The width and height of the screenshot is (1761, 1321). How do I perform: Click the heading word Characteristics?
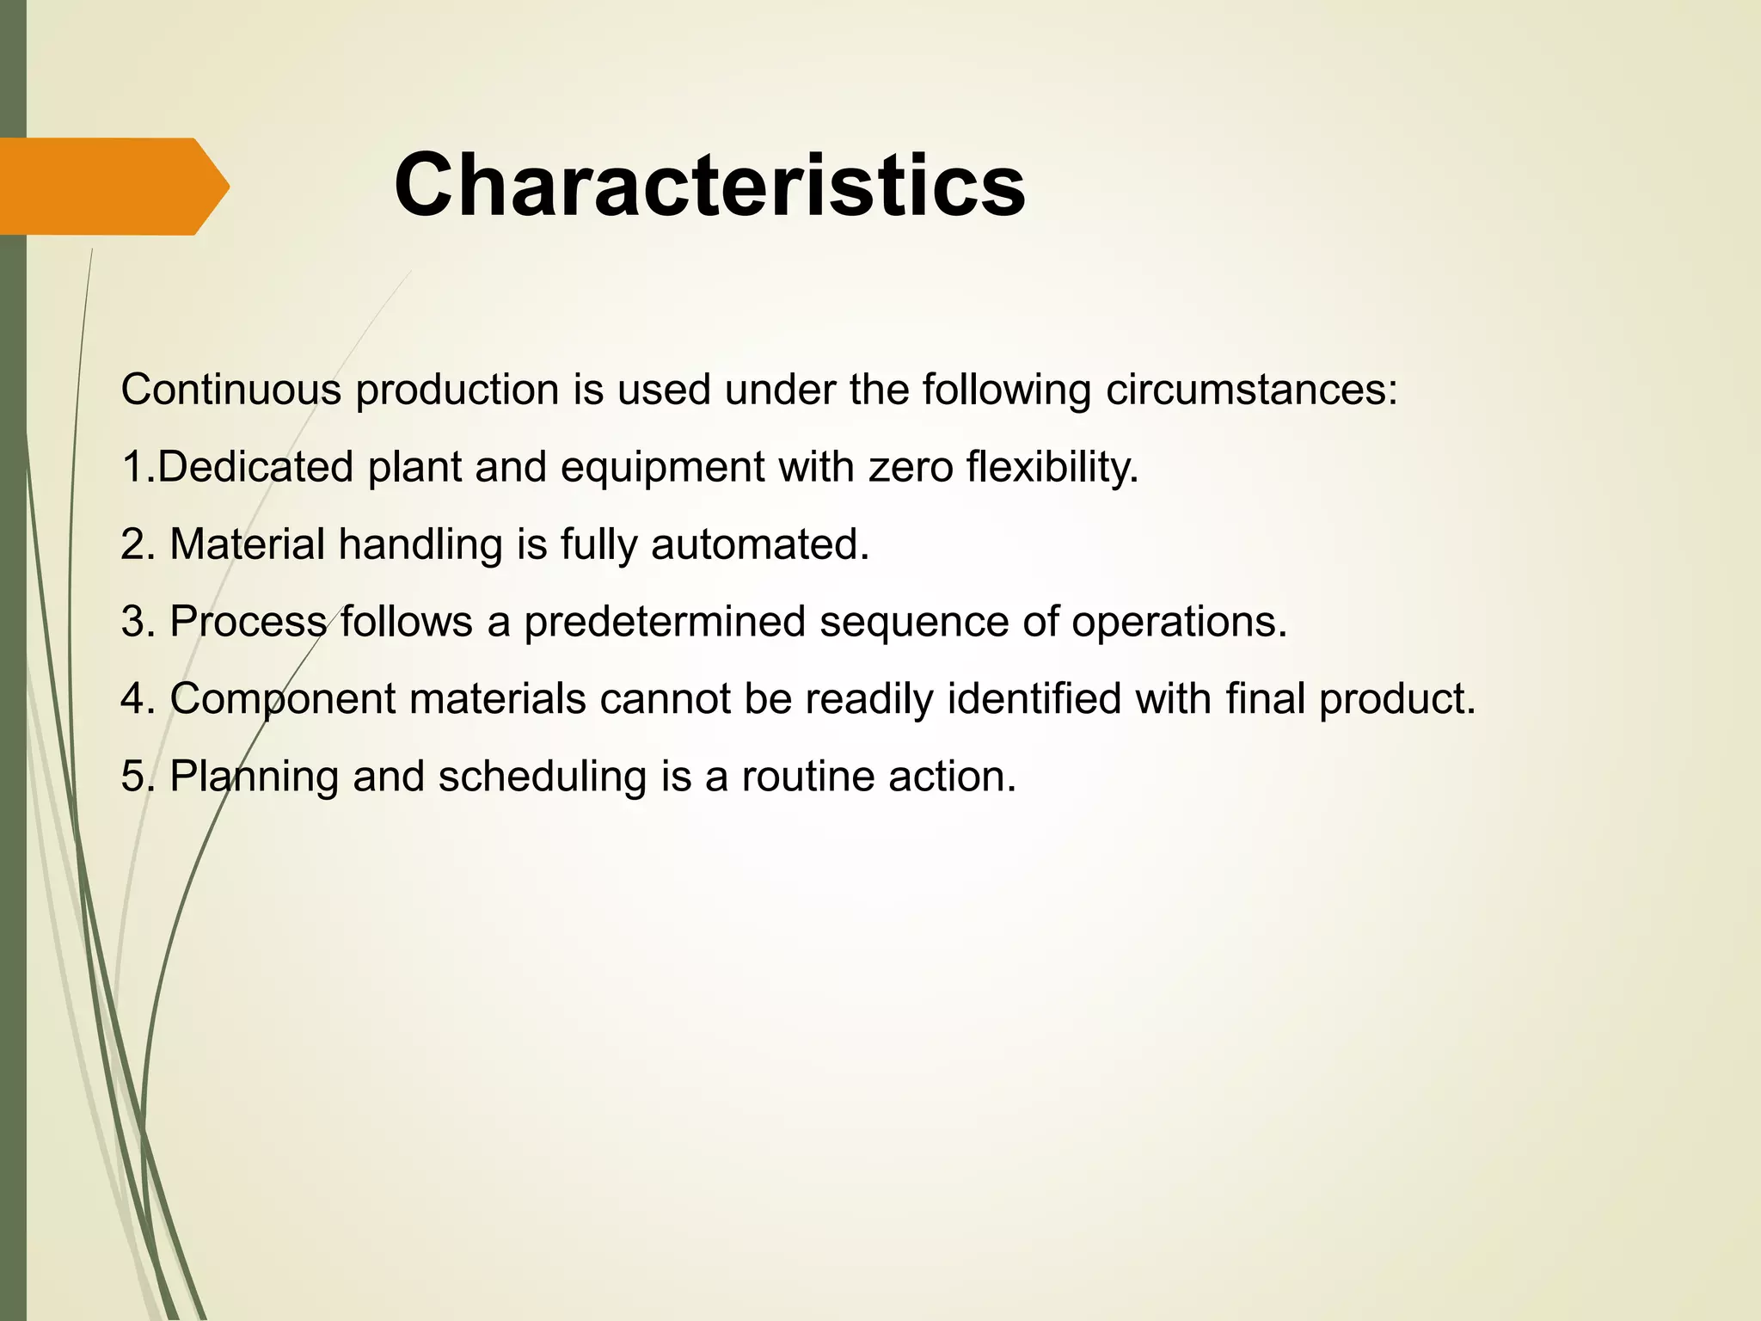point(709,186)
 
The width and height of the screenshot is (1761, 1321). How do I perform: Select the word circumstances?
point(1251,390)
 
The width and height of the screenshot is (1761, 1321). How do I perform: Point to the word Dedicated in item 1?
point(255,467)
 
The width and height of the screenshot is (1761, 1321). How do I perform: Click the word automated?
point(760,544)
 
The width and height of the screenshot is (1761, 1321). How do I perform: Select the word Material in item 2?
point(247,544)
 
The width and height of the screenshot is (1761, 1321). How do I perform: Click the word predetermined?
point(664,622)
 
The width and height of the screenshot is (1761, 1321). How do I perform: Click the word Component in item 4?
point(282,699)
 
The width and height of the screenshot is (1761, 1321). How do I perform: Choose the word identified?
point(1034,697)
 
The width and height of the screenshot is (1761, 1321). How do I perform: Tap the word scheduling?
point(542,777)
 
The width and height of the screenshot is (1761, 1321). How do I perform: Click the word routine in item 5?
point(808,777)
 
